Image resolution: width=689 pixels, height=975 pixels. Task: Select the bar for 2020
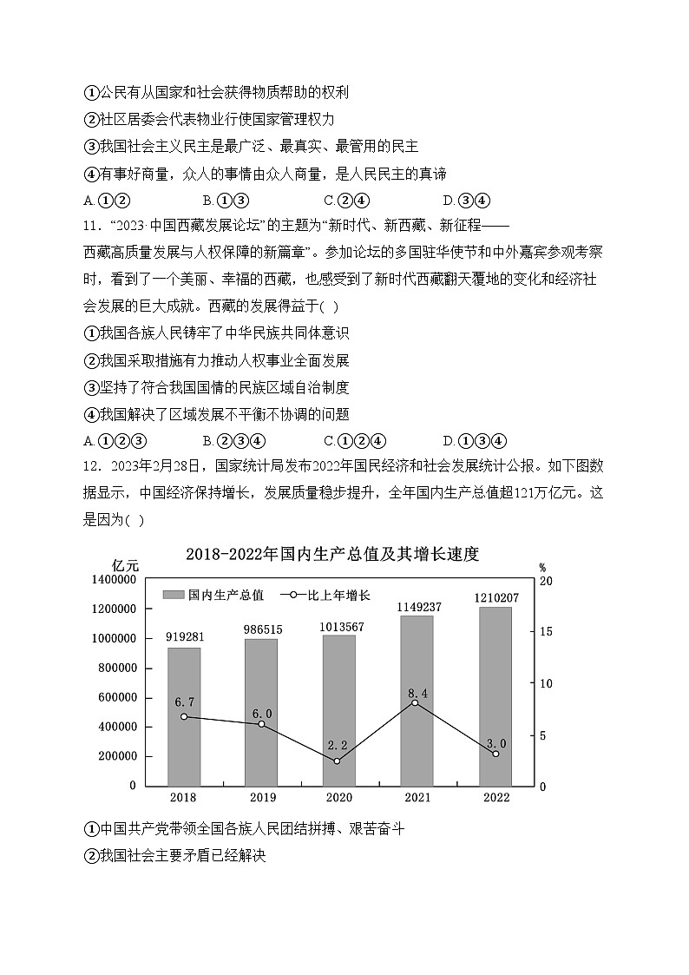338,712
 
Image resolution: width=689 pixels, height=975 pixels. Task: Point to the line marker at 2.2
337,761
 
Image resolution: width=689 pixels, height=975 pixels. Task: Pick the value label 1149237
420,607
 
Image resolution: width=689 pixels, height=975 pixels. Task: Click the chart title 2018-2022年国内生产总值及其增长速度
332,555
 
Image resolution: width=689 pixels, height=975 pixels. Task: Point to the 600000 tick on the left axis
114,697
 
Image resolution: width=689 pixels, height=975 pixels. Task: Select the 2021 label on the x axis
417,798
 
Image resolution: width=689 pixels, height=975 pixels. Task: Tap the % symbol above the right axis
541,565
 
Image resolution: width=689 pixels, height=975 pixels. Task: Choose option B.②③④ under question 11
233,440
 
